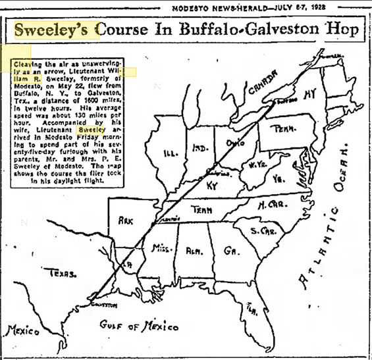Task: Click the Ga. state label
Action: (x=229, y=250)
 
